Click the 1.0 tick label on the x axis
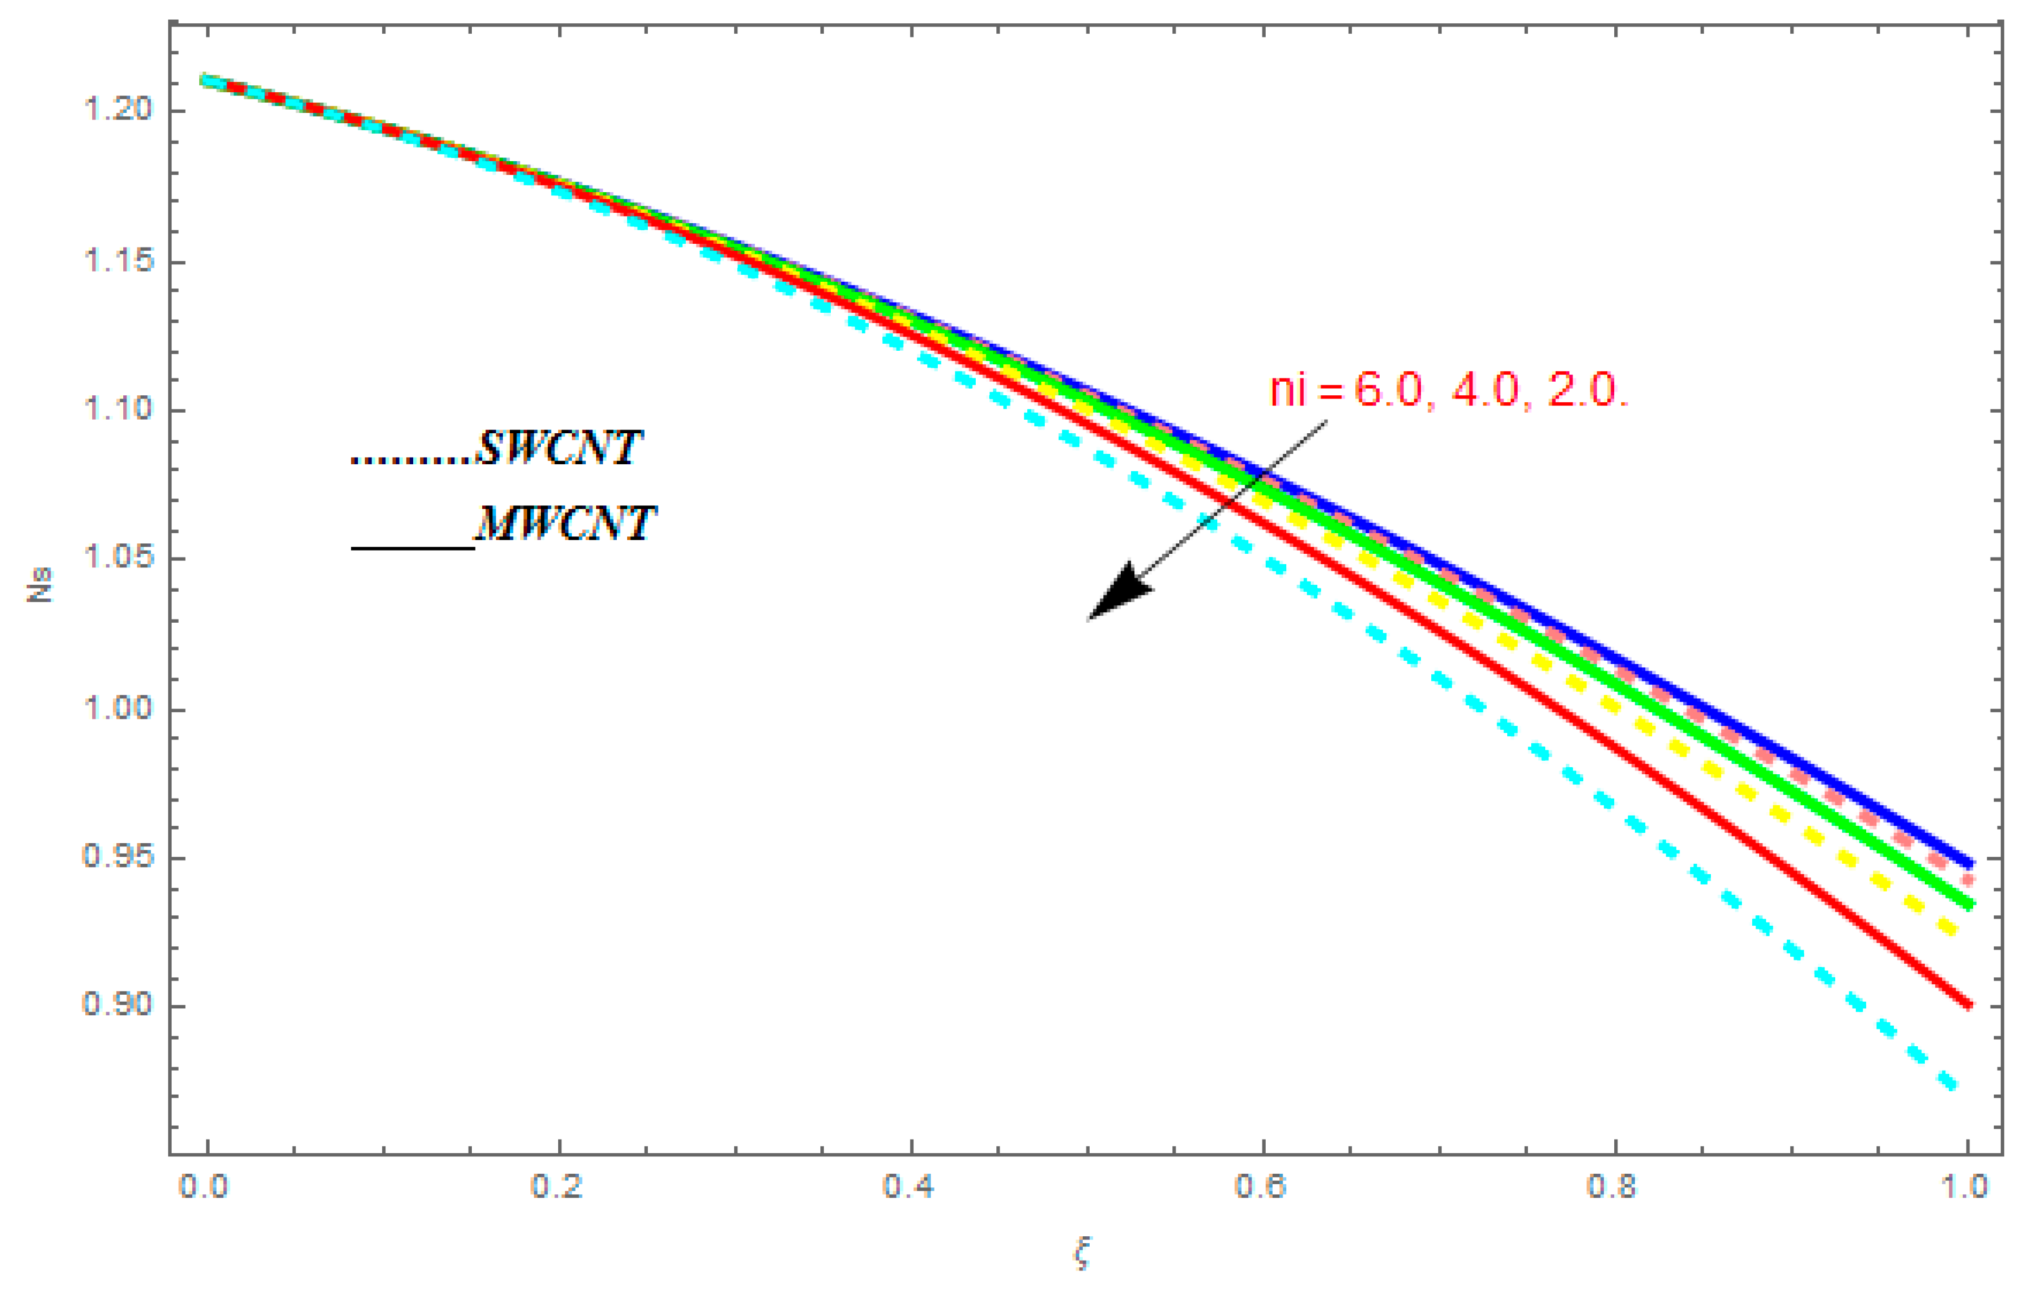click(x=1966, y=1186)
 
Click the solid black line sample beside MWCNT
click(x=413, y=548)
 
